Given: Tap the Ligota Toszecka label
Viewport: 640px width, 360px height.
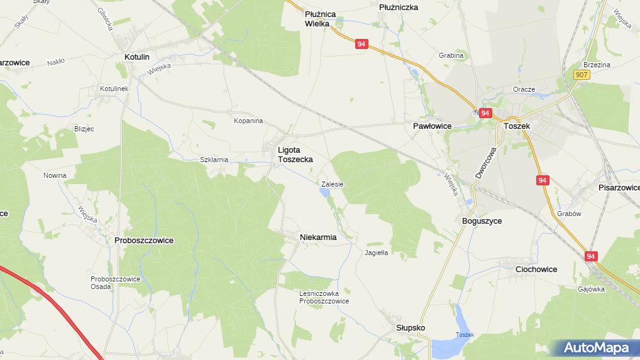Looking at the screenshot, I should coord(295,155).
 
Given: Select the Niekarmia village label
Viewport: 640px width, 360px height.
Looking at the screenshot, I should coord(318,237).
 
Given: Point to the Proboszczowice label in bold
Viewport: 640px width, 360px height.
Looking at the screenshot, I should coord(144,240).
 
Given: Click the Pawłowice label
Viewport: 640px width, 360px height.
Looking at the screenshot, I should coord(433,126).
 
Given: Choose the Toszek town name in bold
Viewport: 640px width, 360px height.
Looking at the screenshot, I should coord(517,126).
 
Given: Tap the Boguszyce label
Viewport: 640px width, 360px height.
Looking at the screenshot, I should coord(482,221).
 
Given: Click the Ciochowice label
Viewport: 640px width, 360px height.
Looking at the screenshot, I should coord(536,269).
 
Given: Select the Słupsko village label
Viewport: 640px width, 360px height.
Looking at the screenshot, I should coord(411,328).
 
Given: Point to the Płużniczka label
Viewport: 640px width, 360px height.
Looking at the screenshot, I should coord(399,7).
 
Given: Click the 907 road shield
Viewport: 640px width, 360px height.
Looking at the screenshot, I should coord(582,75).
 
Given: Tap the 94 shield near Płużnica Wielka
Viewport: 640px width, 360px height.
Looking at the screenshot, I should coord(361,44).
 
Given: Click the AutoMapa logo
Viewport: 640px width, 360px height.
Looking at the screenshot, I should coord(595,347).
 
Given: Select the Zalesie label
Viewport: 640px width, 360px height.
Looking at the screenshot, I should coord(332,184).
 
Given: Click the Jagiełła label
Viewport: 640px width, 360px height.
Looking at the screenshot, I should coord(377,253).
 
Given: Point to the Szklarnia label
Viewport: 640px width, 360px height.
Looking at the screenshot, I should coord(214,160).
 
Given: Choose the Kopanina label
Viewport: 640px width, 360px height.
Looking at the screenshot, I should coord(248,121).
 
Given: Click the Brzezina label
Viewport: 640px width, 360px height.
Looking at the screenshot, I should coord(597,65).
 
